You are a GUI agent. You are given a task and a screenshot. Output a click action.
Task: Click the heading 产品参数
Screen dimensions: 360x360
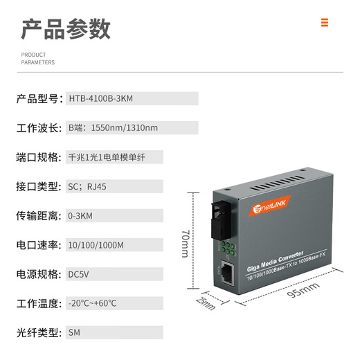(x=66, y=28)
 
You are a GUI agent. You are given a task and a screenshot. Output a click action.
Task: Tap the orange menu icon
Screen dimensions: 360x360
(x=324, y=22)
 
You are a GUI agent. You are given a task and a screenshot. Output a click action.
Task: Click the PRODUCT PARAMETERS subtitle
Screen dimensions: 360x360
(x=37, y=58)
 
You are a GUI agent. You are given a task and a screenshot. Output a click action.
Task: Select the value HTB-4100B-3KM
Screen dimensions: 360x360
(x=100, y=98)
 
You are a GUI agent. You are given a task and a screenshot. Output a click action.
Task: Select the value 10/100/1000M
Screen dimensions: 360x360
(x=96, y=244)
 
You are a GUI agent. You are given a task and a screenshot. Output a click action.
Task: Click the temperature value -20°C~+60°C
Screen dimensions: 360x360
(x=93, y=303)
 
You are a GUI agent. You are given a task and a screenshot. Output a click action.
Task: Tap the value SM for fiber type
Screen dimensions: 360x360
(x=74, y=332)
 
